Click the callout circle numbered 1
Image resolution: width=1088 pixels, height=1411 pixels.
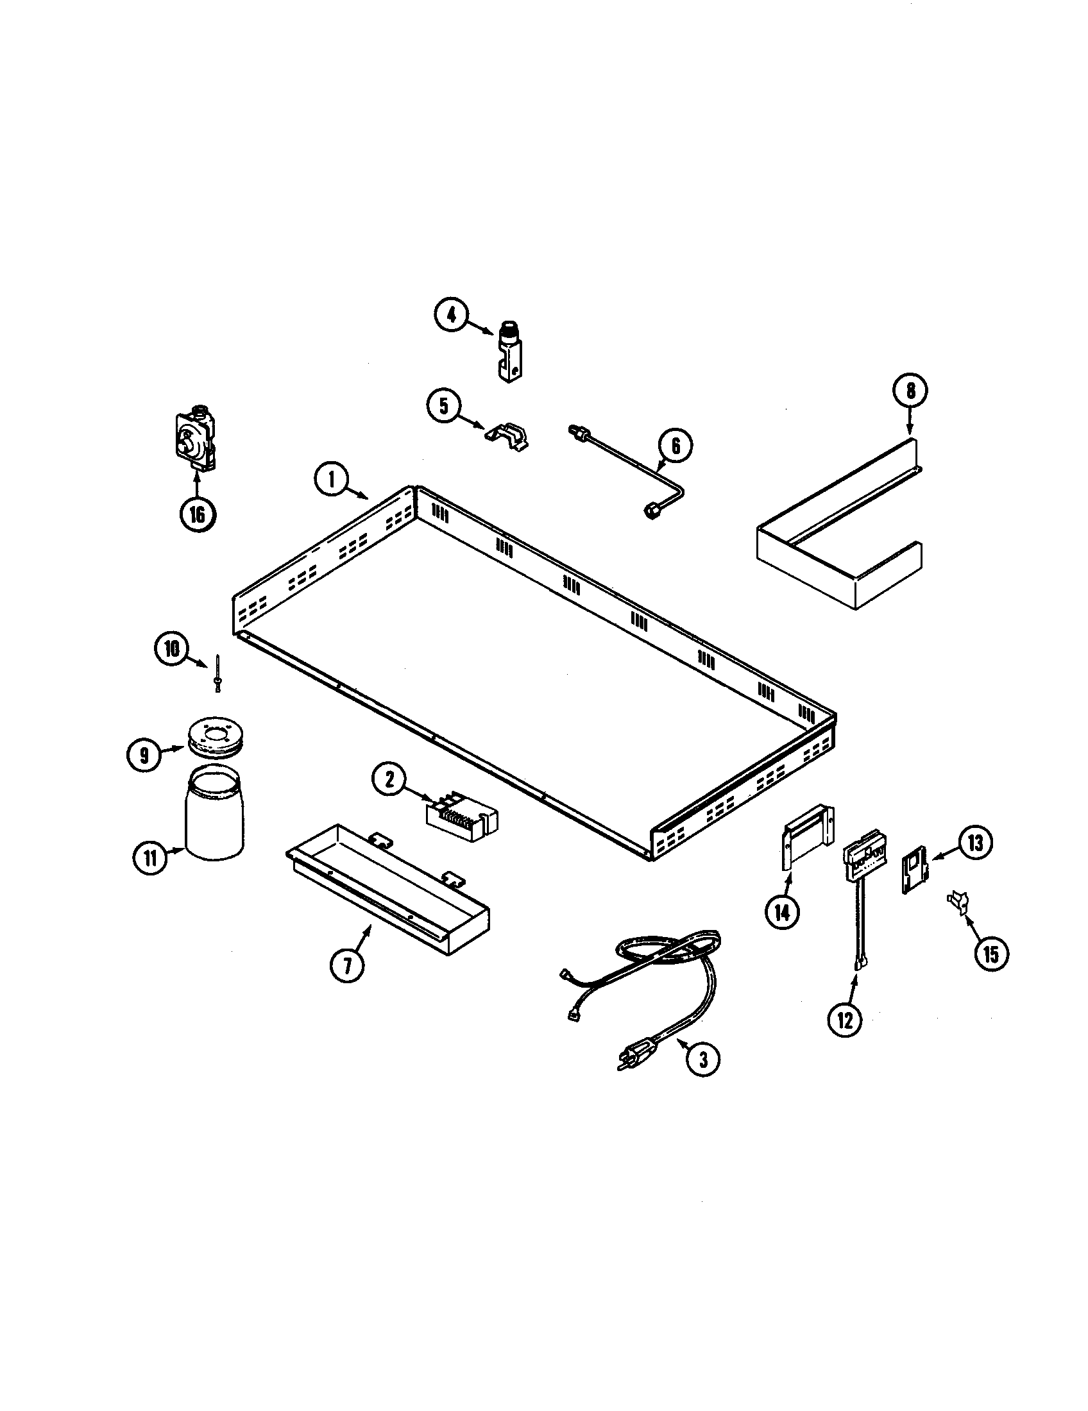tap(332, 480)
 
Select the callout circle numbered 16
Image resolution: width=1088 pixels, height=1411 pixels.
tap(198, 514)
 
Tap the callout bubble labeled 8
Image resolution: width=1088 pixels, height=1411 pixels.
tap(910, 389)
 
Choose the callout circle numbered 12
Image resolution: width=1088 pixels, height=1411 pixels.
tap(845, 1019)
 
